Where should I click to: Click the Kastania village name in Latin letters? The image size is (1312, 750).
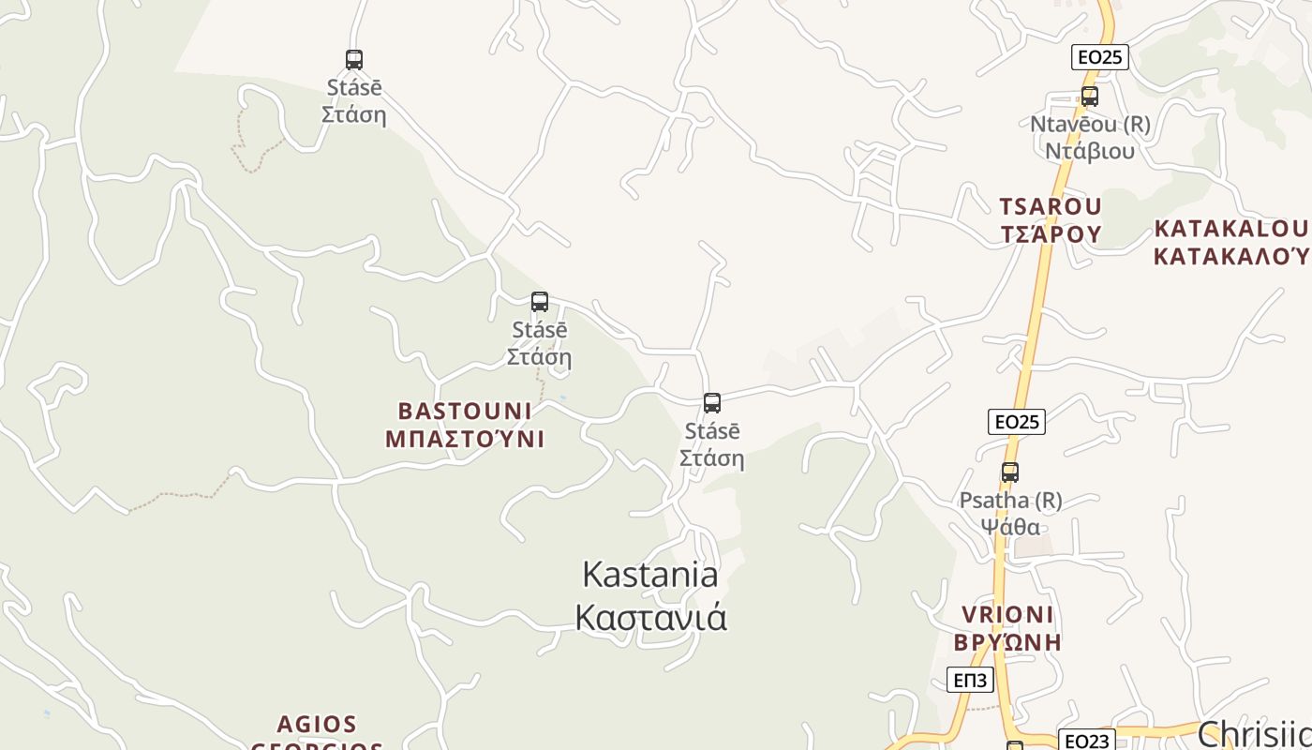click(650, 574)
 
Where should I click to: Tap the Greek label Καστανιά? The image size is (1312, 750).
click(650, 618)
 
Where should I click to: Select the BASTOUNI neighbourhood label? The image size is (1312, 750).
click(465, 411)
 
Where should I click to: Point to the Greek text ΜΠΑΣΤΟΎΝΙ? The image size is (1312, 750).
click(465, 439)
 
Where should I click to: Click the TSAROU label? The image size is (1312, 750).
click(1050, 206)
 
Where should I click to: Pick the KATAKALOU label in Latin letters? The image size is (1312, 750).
click(1230, 229)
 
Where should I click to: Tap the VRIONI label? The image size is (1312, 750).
click(1007, 615)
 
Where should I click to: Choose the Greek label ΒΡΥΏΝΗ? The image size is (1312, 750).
click(1007, 643)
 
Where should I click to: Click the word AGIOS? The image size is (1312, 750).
click(317, 724)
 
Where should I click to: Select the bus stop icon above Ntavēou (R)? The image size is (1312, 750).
click(1089, 96)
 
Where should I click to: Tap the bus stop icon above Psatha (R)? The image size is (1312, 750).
click(1009, 472)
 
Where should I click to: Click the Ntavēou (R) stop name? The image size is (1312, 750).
click(1090, 124)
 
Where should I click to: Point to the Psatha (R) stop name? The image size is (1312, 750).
click(1010, 501)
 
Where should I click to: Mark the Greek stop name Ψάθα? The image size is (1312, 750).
click(1010, 527)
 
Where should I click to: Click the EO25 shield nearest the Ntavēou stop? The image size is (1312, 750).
click(1099, 57)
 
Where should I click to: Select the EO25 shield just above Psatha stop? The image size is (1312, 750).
click(1017, 422)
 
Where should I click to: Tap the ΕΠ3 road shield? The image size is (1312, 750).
click(969, 680)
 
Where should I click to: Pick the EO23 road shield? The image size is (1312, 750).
click(1086, 741)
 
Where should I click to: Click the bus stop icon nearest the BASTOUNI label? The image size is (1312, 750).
click(539, 302)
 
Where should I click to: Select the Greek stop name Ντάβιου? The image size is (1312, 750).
click(1090, 151)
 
